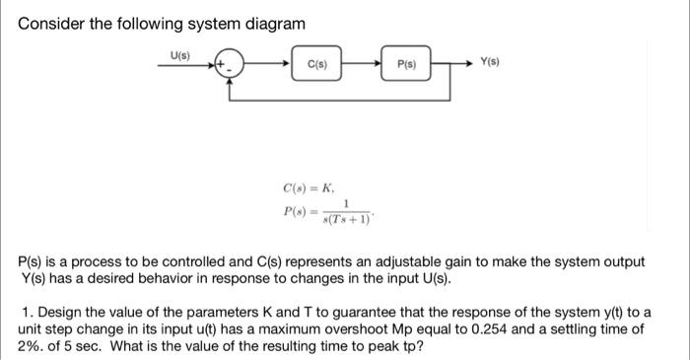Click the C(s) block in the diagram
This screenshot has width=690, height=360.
(316, 65)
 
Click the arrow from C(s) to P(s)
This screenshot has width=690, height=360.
(364, 65)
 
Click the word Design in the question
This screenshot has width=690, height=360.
(58, 312)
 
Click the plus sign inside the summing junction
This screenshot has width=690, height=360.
(223, 64)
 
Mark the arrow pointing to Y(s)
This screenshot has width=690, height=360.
(465, 65)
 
